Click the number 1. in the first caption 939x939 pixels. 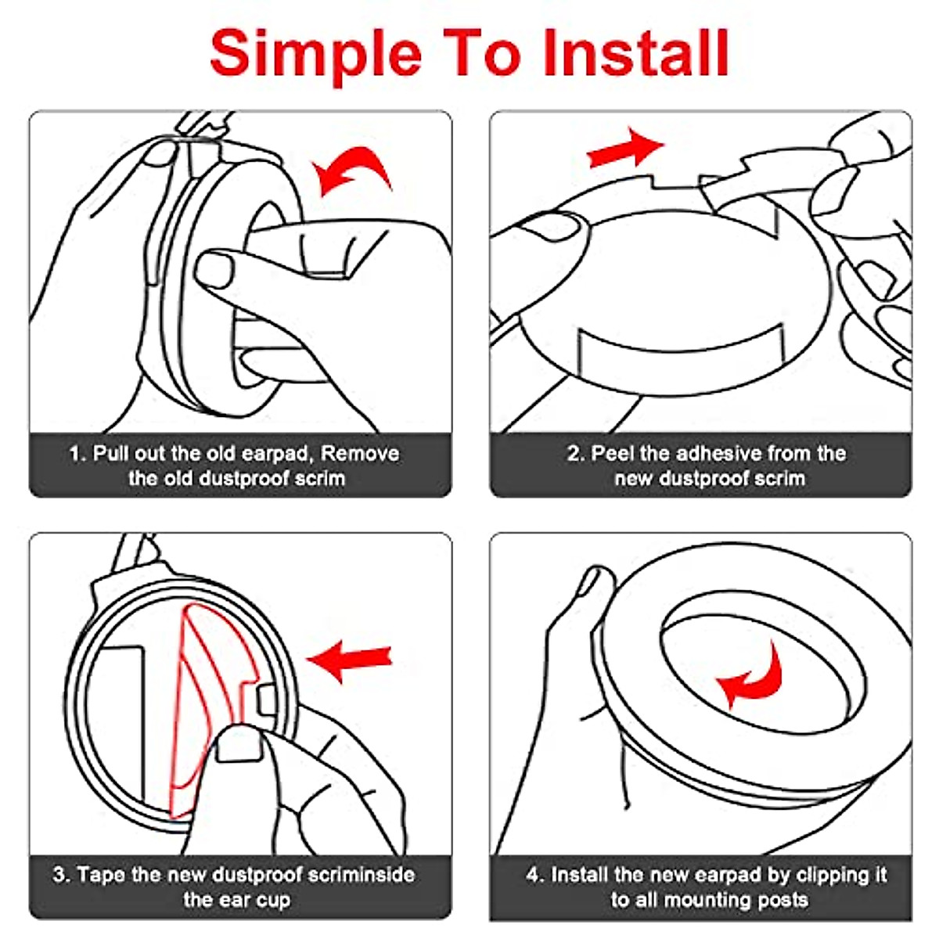click(x=77, y=454)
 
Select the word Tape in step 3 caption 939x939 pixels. click(x=102, y=874)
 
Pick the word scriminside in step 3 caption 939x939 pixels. click(x=361, y=874)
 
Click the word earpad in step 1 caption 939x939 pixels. click(x=276, y=454)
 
